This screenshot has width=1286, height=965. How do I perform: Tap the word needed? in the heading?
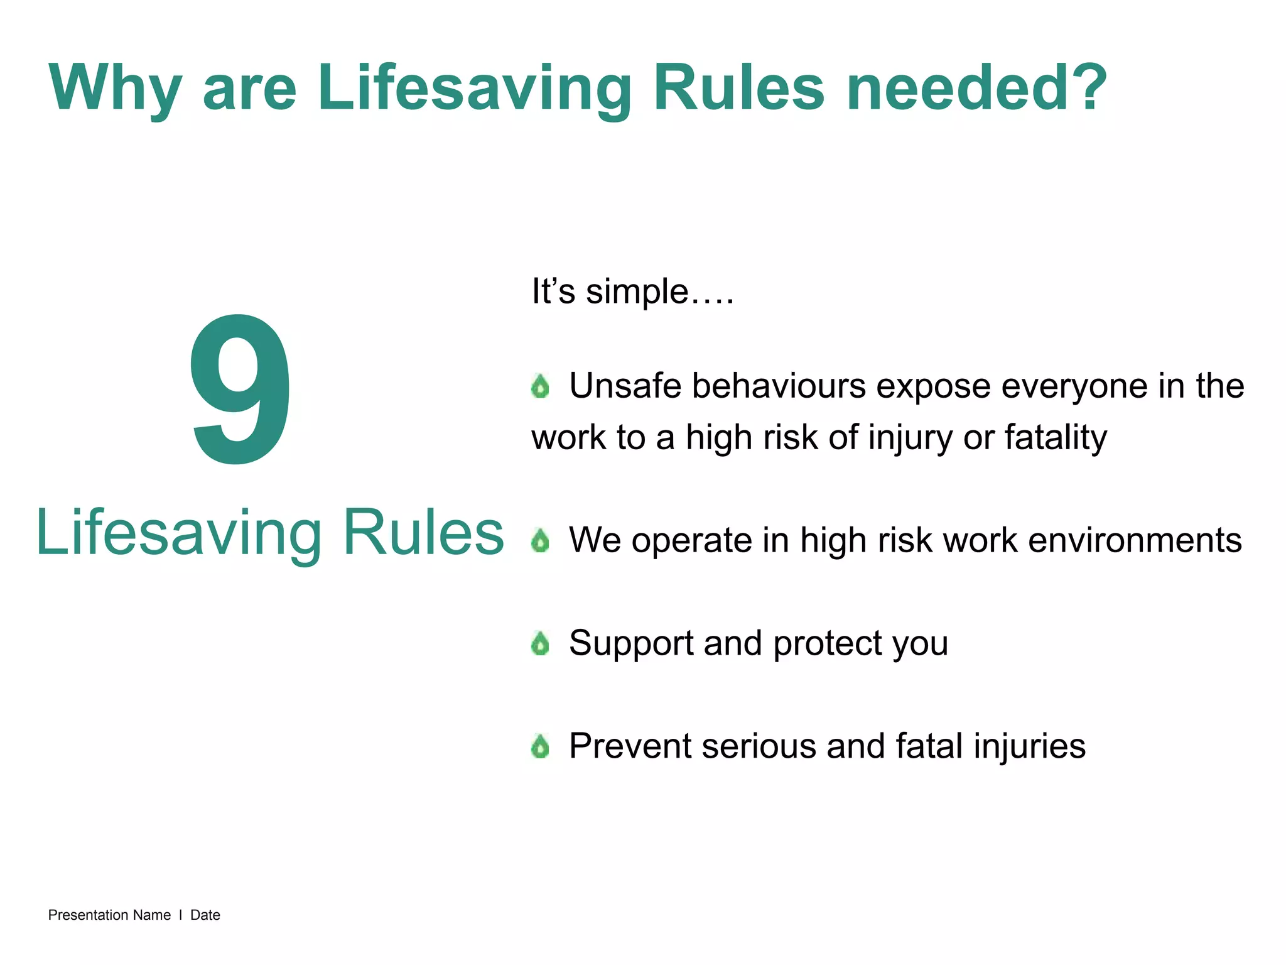click(x=976, y=88)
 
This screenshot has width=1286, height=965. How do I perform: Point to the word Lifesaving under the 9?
click(x=178, y=533)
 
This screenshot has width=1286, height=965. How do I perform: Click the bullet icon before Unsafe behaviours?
click(x=540, y=386)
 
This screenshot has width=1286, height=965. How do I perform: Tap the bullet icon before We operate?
click(x=540, y=540)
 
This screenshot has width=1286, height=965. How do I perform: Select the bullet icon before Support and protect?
click(x=540, y=643)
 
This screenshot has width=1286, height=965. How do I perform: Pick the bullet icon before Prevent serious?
click(x=540, y=746)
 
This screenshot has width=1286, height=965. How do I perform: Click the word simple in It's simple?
click(x=637, y=292)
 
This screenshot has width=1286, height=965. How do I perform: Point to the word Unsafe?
click(x=625, y=386)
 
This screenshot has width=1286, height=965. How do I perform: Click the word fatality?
click(x=1056, y=437)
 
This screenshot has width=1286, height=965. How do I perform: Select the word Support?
click(x=630, y=643)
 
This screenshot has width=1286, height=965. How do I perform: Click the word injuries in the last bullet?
click(x=1029, y=746)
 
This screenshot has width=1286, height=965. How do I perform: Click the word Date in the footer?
click(x=205, y=915)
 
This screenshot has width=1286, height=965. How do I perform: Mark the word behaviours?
click(x=779, y=386)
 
